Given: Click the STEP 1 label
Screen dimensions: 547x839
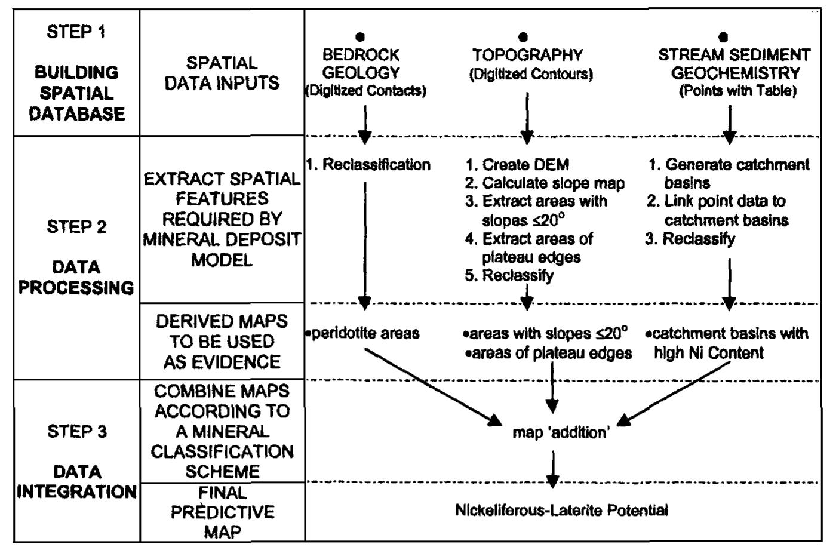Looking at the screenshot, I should coord(76,32).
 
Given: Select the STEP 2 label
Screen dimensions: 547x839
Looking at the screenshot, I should coord(76,227).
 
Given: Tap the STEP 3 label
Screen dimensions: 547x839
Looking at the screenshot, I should coord(76,431).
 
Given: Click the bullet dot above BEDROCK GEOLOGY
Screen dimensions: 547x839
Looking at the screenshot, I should coord(360,38).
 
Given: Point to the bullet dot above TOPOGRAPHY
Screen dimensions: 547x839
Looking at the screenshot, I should coord(523,38).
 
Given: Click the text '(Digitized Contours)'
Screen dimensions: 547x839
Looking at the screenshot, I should coord(531,75).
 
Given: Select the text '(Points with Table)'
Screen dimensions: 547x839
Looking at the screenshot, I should coord(737,91).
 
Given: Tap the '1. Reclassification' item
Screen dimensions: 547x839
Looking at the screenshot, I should coord(368,165).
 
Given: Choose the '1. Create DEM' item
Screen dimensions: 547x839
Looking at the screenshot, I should coord(518,165).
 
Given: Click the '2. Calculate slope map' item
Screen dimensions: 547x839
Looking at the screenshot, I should coord(545,183).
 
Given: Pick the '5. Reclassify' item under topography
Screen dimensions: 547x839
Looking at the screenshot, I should coord(509,275).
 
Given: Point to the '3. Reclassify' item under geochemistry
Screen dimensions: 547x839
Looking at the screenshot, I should coord(690,239).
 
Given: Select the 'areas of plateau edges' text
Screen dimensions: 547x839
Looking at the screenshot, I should coord(549,353).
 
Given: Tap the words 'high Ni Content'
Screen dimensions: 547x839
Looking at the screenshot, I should coord(709,353).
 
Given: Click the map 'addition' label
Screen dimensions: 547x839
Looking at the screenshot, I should coord(560,432).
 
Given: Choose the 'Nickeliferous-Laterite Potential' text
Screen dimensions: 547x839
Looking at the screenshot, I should coord(561,511).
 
